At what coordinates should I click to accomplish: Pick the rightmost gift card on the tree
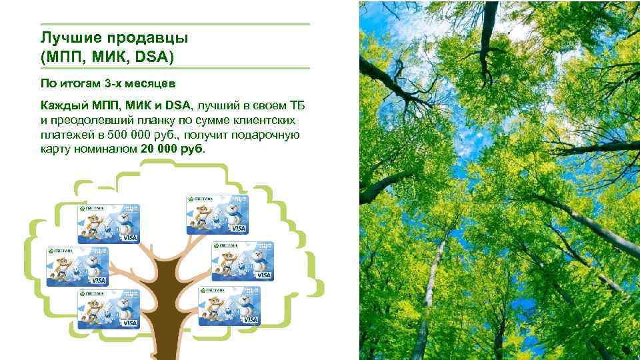[243, 261]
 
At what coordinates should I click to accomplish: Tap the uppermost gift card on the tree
[217, 215]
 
